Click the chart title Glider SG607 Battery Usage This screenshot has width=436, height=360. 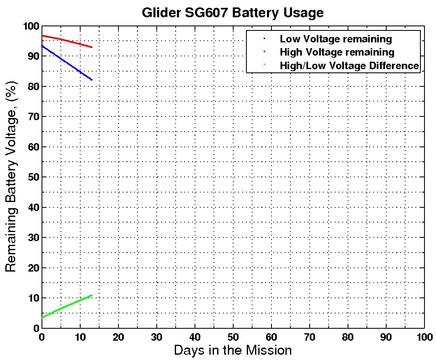[x=232, y=12]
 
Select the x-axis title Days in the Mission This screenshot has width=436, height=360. [x=232, y=350]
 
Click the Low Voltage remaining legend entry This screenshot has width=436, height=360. [x=335, y=39]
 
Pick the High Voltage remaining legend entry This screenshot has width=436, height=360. [x=336, y=52]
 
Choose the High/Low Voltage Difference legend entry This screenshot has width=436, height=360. [x=349, y=65]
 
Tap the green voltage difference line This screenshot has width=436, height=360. [x=66, y=307]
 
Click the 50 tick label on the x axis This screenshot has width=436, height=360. [x=233, y=336]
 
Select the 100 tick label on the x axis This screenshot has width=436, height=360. [x=424, y=336]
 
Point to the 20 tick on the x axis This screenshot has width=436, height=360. [x=118, y=336]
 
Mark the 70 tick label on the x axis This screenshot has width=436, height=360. [x=309, y=336]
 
